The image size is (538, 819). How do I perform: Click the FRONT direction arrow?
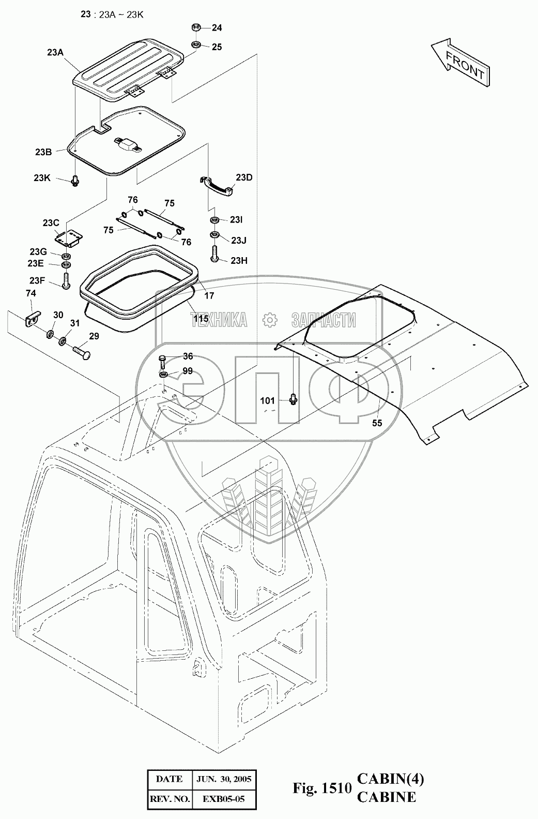[459, 61]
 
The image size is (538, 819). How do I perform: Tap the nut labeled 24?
[196, 28]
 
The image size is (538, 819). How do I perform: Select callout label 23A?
[55, 52]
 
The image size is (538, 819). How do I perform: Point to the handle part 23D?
[218, 185]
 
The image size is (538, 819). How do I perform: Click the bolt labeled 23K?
[76, 180]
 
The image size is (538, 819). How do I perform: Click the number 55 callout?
[377, 423]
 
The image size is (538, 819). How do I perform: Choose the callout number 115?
[201, 319]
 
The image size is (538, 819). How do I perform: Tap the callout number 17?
[209, 296]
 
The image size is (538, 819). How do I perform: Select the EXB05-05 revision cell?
[224, 799]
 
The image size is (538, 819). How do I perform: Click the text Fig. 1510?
[322, 788]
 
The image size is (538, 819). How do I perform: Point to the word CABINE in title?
[386, 797]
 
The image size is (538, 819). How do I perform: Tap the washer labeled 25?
[196, 44]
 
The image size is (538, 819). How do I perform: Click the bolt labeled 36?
[162, 359]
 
